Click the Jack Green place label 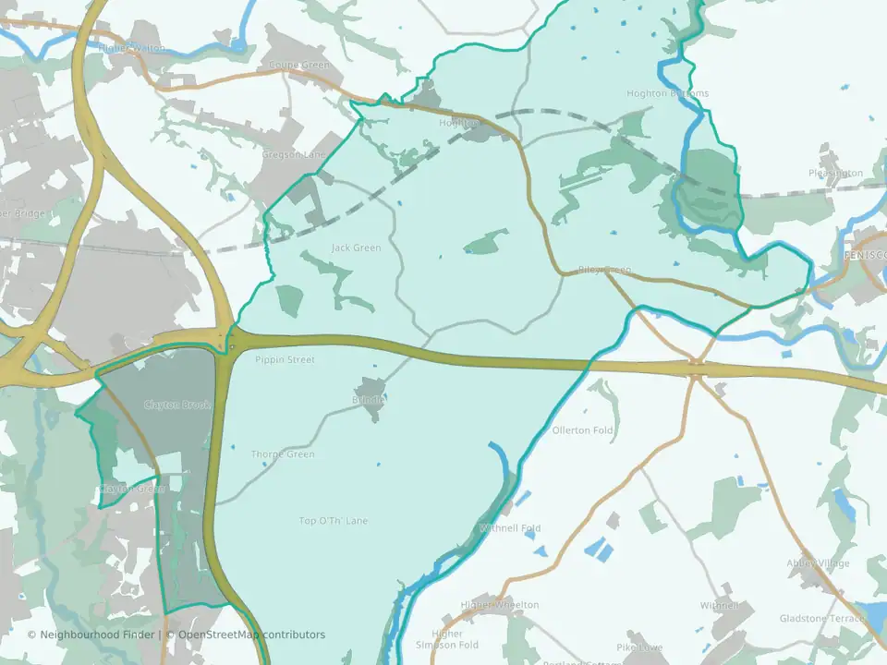point(356,248)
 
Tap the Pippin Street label point(285,359)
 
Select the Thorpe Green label point(283,454)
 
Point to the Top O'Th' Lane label point(333,521)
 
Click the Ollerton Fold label point(583,430)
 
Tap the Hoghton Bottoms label point(667,93)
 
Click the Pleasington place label point(835,173)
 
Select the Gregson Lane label point(294,154)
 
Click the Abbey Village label point(819,563)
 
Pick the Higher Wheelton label point(500,605)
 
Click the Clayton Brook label point(177,405)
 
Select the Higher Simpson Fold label point(447,639)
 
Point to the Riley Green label point(604,270)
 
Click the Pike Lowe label point(639,647)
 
